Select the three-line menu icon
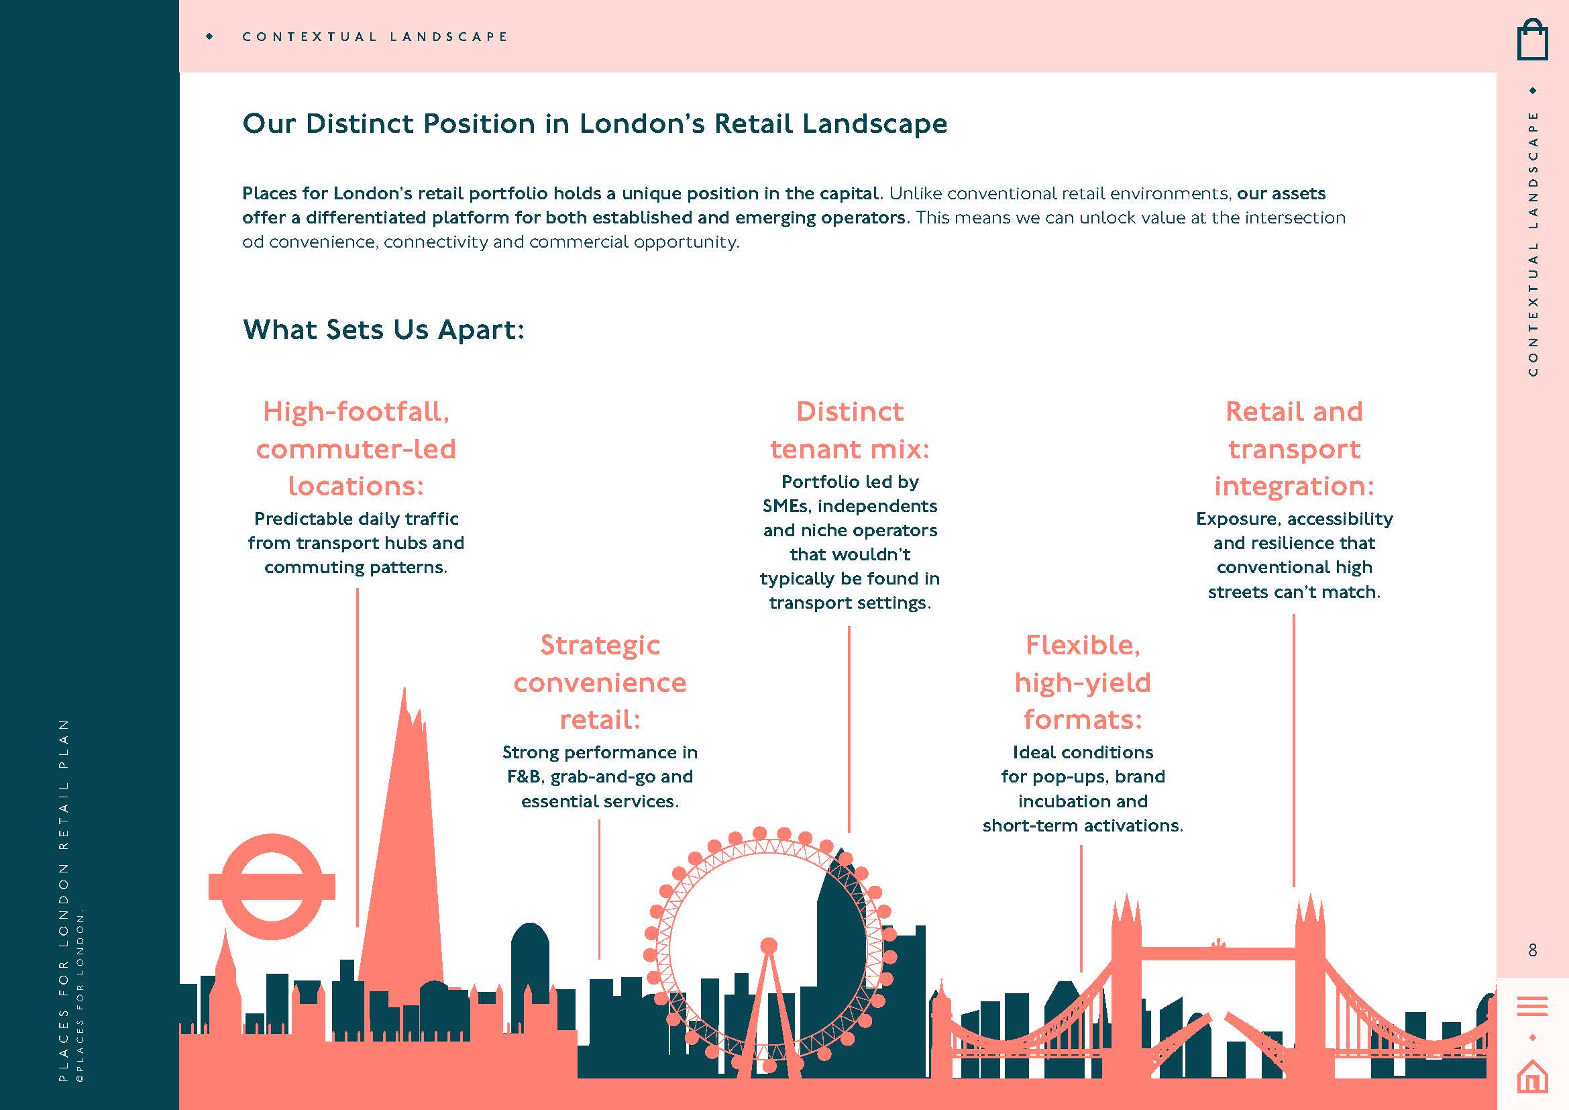point(1532,1006)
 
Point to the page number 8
point(1532,950)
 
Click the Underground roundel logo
point(272,887)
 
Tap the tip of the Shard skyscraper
point(404,692)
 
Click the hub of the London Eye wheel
point(769,946)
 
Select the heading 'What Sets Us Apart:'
point(384,330)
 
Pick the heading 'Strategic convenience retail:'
point(600,682)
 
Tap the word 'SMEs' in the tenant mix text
point(786,507)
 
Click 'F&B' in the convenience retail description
point(523,777)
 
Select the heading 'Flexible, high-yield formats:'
point(1083,682)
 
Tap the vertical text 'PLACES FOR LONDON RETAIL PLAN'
point(64,900)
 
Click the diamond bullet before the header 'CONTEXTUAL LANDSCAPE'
point(210,36)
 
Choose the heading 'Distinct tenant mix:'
point(849,430)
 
